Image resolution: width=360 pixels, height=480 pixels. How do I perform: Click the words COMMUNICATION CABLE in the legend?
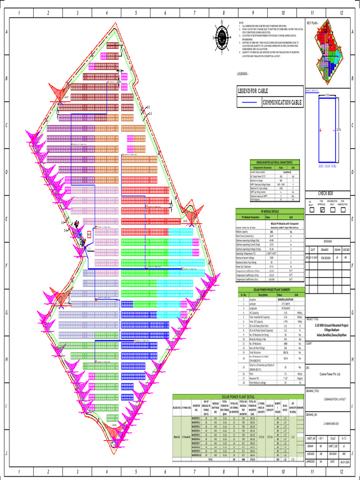click(x=282, y=103)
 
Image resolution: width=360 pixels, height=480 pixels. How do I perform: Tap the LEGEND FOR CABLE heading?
click(x=253, y=90)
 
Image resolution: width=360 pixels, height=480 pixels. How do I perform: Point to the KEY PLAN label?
click(x=313, y=22)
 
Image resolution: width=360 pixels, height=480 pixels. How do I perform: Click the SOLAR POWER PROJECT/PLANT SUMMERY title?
click(x=270, y=290)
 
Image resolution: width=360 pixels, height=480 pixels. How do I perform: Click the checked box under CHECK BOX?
click(x=322, y=210)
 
